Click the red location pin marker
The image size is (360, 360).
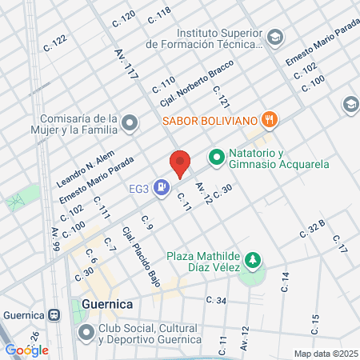coord(181,163)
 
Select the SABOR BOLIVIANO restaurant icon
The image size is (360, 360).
coord(270,121)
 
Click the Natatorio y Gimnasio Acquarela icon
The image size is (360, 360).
coord(215,158)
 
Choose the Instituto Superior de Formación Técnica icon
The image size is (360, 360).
coord(275,38)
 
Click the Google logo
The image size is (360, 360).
coord(26,350)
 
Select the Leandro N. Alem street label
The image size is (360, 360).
coord(86,169)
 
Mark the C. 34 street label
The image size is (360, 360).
coord(216,300)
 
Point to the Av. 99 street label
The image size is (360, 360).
coord(55,239)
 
